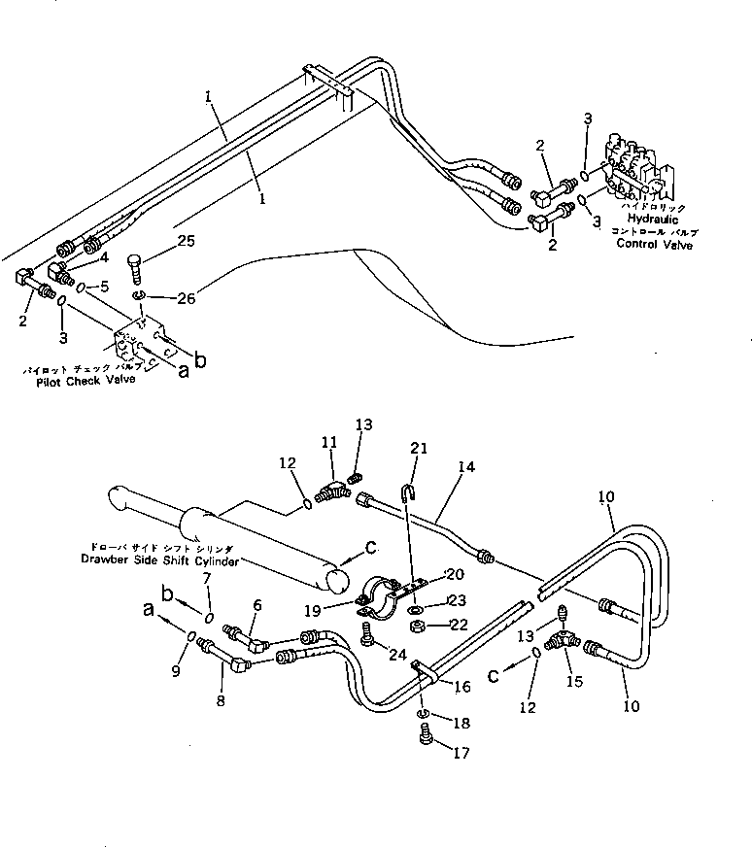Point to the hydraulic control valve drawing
point(636,169)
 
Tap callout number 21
point(418,448)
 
